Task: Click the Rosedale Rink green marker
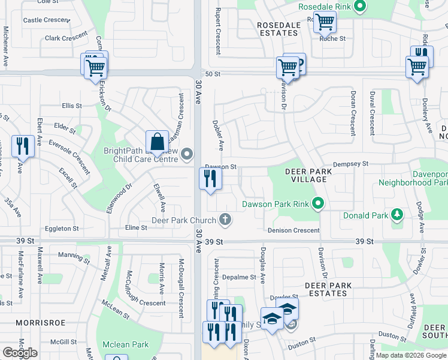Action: pyautogui.click(x=359, y=7)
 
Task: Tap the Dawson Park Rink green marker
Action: pyautogui.click(x=318, y=204)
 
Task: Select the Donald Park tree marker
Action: pyautogui.click(x=396, y=215)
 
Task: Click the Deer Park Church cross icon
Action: pyautogui.click(x=225, y=220)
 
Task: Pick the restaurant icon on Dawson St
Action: pyautogui.click(x=210, y=178)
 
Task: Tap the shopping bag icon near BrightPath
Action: pyautogui.click(x=157, y=142)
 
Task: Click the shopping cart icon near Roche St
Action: pyautogui.click(x=324, y=23)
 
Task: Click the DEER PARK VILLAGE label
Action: pyautogui.click(x=308, y=176)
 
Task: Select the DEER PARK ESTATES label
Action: pyautogui.click(x=326, y=289)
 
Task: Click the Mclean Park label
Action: pyautogui.click(x=125, y=344)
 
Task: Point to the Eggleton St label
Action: pyautogui.click(x=62, y=229)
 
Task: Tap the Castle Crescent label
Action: pyautogui.click(x=46, y=20)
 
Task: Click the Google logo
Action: pyautogui.click(x=20, y=353)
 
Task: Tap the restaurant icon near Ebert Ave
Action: pyautogui.click(x=23, y=146)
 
